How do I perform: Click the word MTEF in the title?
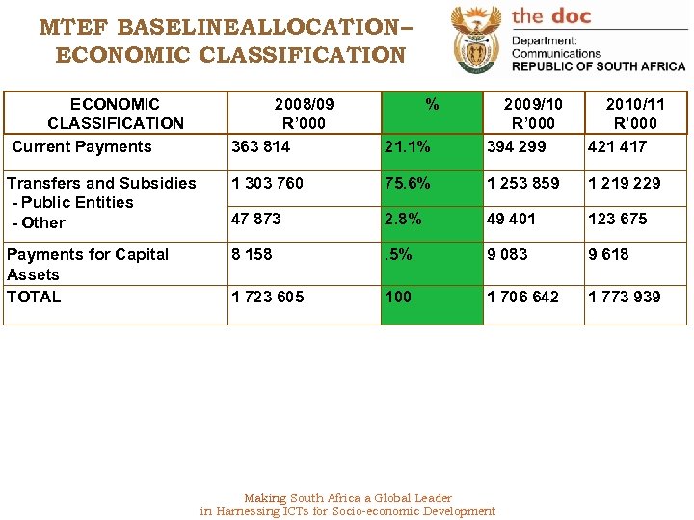coord(74,27)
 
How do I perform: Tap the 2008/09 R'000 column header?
coord(304,113)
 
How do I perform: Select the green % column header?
coord(432,104)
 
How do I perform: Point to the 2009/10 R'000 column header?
coord(533,113)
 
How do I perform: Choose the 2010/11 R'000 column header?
coord(635,113)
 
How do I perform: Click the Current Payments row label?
coord(82,146)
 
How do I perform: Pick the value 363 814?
coord(260,146)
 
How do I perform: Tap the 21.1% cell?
coord(408,146)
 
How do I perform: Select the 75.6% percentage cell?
coord(408,183)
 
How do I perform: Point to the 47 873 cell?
coord(256,219)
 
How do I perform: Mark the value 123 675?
coord(618,219)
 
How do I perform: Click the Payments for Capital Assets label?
coord(87,264)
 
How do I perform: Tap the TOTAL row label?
coord(34,297)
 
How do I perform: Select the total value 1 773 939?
coord(625,297)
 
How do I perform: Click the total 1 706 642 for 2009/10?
coord(522,297)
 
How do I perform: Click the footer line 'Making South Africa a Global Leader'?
coord(347,498)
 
